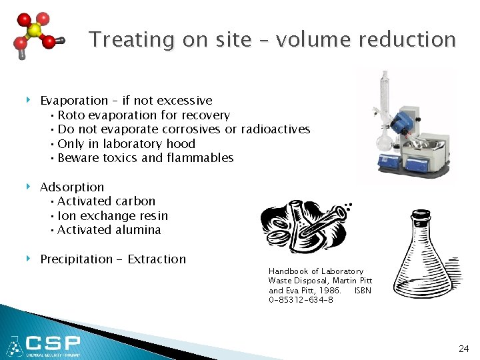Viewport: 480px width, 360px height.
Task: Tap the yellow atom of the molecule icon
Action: [x=35, y=31]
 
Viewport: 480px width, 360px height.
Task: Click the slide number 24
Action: [x=463, y=349]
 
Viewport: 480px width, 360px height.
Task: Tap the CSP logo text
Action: [x=53, y=345]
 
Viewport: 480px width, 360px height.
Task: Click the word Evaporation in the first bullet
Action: [x=74, y=101]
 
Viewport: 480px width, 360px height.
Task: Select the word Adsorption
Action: [x=72, y=187]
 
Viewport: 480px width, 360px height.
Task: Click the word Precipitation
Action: [x=76, y=259]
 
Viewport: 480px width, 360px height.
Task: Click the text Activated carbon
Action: [x=106, y=201]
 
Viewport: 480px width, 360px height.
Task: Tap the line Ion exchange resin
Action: [x=112, y=216]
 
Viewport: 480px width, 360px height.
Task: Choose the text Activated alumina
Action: [x=109, y=230]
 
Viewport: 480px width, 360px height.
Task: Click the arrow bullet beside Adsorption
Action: [x=29, y=187]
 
